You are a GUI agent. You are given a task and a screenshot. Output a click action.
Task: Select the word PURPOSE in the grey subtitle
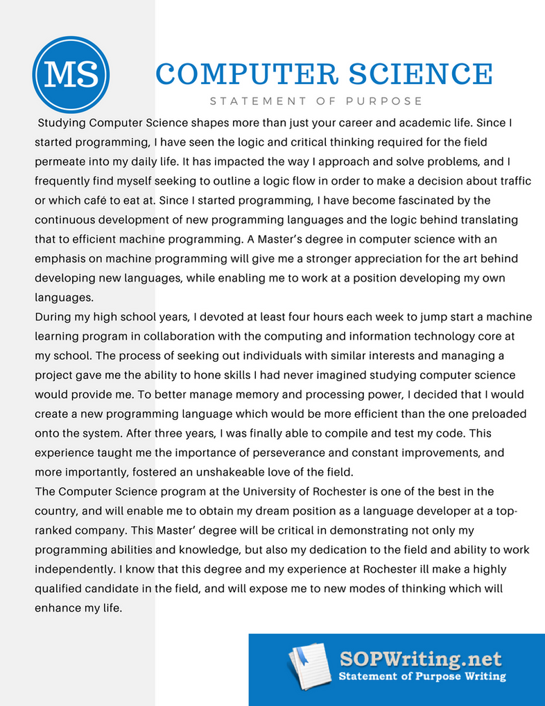coord(384,101)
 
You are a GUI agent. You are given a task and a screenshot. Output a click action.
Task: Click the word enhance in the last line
coord(58,608)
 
